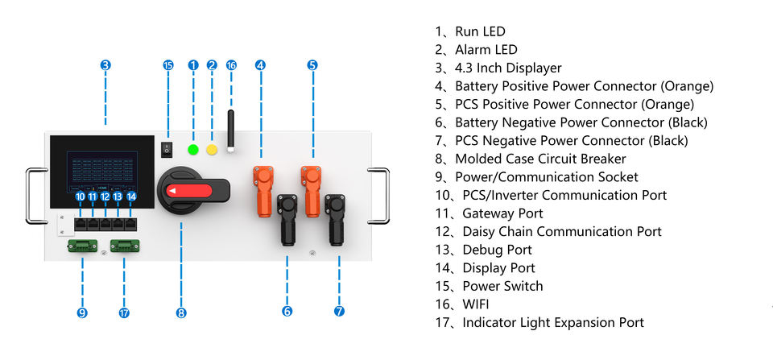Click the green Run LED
[193, 150]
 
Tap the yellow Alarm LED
[212, 150]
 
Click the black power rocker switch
[168, 150]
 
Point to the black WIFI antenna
[230, 131]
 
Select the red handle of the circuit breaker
[189, 190]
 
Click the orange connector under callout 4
[262, 191]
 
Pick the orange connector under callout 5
[311, 191]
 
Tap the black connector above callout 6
[287, 219]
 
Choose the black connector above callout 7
[335, 219]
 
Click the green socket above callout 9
[82, 246]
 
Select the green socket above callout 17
[125, 246]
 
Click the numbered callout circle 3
[105, 65]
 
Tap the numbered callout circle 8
[181, 312]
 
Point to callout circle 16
[231, 65]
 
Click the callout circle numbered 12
[105, 197]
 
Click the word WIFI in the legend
[476, 304]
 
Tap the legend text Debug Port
[497, 250]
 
